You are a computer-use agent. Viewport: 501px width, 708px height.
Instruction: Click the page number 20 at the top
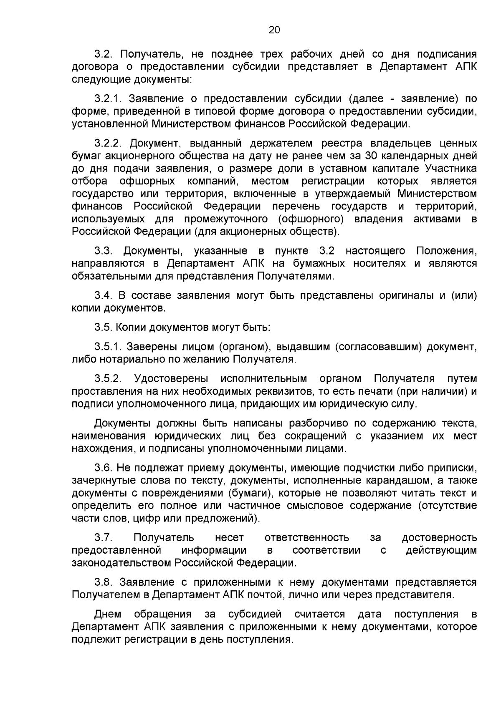pyautogui.click(x=274, y=30)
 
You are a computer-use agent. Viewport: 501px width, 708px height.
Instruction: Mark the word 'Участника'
pyautogui.click(x=451, y=169)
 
